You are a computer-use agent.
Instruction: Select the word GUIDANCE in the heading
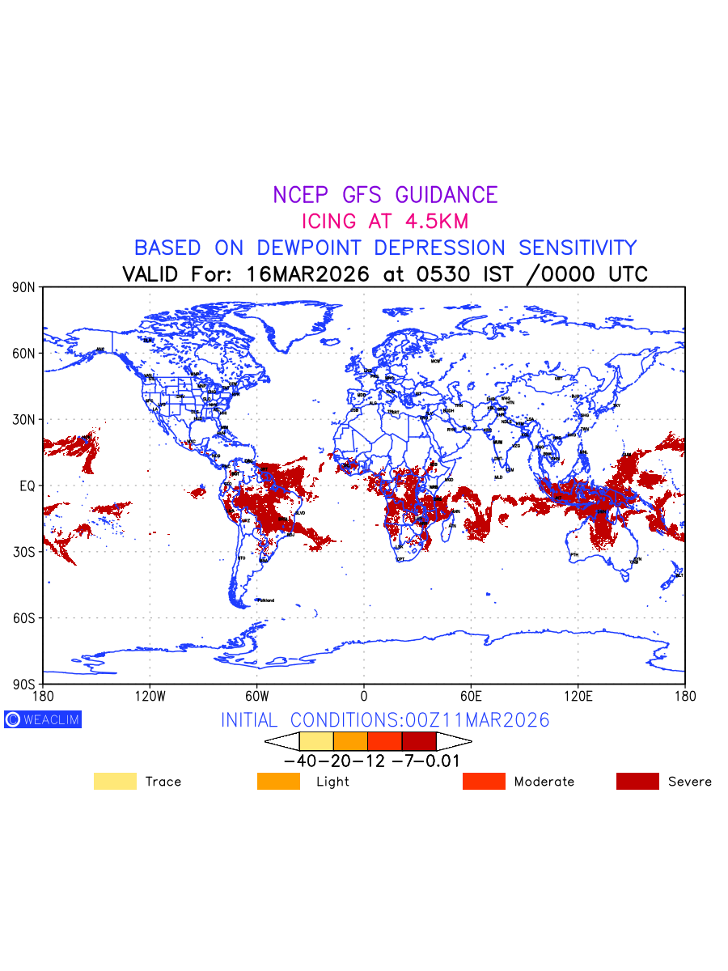(x=447, y=195)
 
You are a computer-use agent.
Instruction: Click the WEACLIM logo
(x=43, y=719)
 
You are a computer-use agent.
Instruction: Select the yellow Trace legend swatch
(x=115, y=782)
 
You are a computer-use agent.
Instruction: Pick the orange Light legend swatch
(x=278, y=782)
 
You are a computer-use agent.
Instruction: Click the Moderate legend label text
(x=544, y=782)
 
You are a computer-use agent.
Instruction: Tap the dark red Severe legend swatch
(x=637, y=782)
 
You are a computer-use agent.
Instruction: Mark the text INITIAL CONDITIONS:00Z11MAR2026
(x=385, y=720)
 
